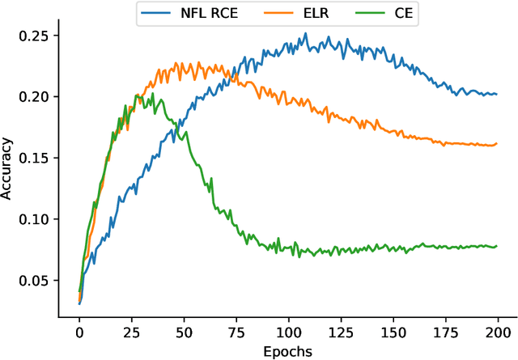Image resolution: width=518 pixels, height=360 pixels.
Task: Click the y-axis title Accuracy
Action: tap(8, 168)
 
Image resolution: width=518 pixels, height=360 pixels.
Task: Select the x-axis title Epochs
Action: tap(288, 351)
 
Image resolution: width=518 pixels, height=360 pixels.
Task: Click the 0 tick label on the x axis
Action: tap(79, 332)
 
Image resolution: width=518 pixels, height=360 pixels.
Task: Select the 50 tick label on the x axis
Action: tap(184, 332)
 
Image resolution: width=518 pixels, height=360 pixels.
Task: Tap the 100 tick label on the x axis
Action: tap(288, 332)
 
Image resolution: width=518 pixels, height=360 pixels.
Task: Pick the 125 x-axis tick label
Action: tap(341, 332)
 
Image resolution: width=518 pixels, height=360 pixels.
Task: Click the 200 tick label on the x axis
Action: tap(497, 332)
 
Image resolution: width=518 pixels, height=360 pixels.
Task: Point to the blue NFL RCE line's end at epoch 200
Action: tap(496, 95)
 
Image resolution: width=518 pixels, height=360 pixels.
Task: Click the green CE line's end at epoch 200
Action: tap(496, 246)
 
